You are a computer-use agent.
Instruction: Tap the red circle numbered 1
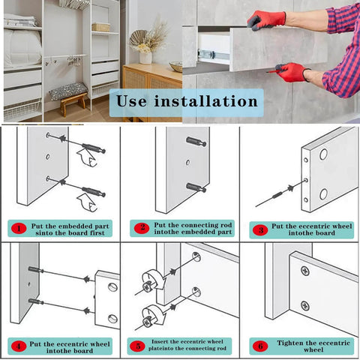[x=17, y=227]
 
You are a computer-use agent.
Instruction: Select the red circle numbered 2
[x=141, y=227]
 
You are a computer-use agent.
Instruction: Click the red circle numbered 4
[x=17, y=345]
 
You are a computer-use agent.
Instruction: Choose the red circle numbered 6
[x=260, y=345]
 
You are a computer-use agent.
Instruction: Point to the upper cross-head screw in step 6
[x=304, y=270]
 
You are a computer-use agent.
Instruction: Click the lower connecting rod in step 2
[x=196, y=187]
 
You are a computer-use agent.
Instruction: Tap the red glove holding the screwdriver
[x=291, y=72]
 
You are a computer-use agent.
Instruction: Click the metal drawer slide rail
[x=208, y=54]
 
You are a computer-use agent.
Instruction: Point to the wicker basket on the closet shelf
[x=100, y=27]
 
